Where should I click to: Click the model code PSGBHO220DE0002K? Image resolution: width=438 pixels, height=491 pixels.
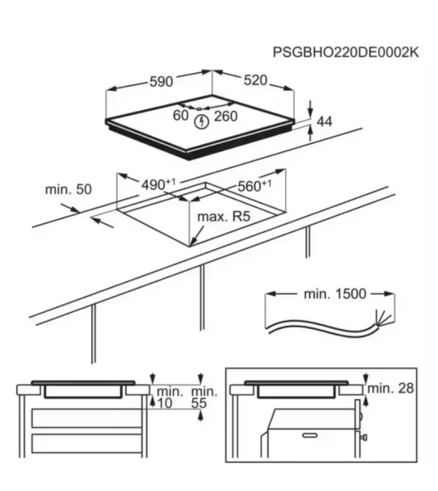point(347,53)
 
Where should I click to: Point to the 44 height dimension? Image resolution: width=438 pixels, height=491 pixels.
point(325,122)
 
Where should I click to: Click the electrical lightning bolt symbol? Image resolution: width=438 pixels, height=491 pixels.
point(201,123)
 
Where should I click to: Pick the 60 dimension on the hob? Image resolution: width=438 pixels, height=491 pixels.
point(180,115)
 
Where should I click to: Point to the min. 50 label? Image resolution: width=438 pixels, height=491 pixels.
point(68,190)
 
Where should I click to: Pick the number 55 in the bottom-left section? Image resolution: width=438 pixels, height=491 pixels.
point(199,403)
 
